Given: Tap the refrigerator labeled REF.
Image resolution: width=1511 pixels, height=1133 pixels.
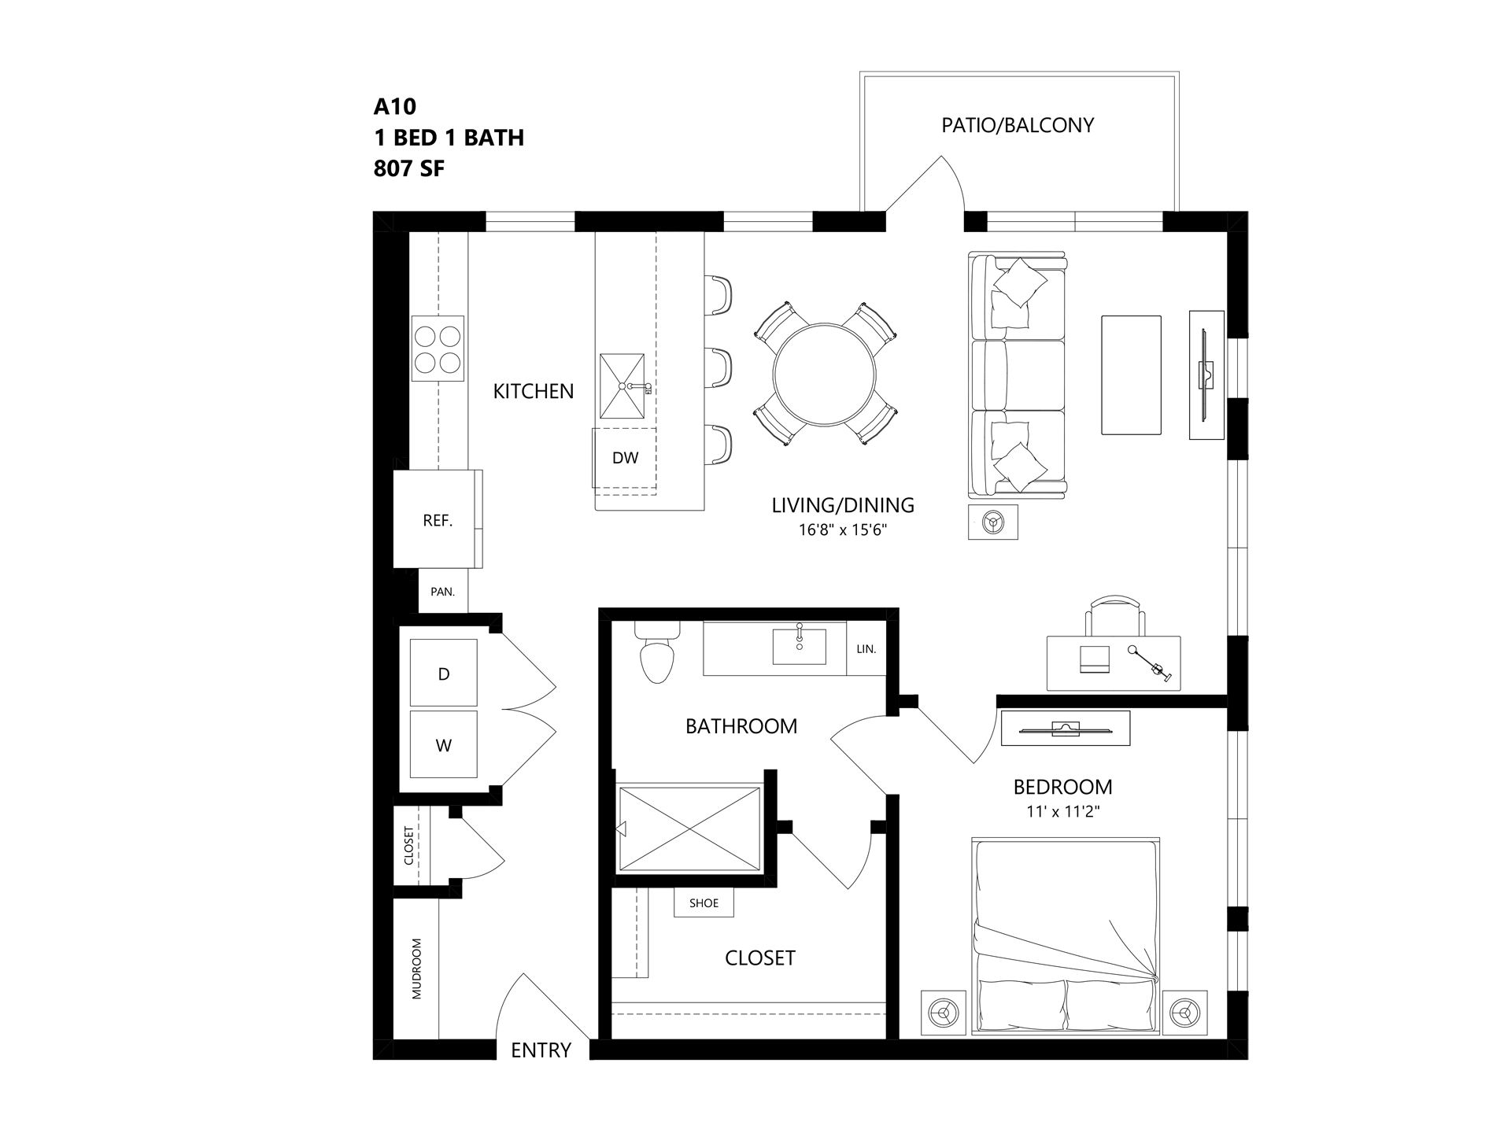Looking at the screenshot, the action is tap(438, 519).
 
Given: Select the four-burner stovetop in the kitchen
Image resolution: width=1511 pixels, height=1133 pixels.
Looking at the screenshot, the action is tap(438, 349).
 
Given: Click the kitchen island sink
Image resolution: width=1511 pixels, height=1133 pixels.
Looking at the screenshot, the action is tap(623, 386).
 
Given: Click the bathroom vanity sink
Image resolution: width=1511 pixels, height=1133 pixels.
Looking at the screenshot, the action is tap(799, 646).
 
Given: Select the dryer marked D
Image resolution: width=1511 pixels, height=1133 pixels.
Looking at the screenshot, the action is tap(444, 673).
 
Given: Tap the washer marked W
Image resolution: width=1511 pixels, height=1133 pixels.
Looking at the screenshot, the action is tap(444, 744).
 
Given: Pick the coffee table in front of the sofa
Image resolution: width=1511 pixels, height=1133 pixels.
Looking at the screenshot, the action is tap(1131, 375).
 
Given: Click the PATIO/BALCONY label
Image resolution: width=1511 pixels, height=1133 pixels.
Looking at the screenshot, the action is tap(1018, 125).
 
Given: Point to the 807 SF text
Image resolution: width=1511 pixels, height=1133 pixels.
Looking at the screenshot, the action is tap(409, 168).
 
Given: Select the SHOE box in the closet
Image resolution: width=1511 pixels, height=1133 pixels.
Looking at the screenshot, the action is tap(704, 903).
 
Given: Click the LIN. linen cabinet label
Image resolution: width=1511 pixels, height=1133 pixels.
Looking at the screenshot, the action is tap(866, 649).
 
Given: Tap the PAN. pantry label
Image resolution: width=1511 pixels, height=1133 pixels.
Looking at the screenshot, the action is tap(443, 592).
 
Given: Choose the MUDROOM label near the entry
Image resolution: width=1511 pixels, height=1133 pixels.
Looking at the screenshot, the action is tap(416, 969).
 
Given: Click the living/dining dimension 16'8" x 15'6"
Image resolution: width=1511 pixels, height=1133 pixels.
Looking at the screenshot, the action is tap(843, 530).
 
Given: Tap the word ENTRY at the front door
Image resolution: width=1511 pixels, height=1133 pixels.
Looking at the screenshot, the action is tap(541, 1050).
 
